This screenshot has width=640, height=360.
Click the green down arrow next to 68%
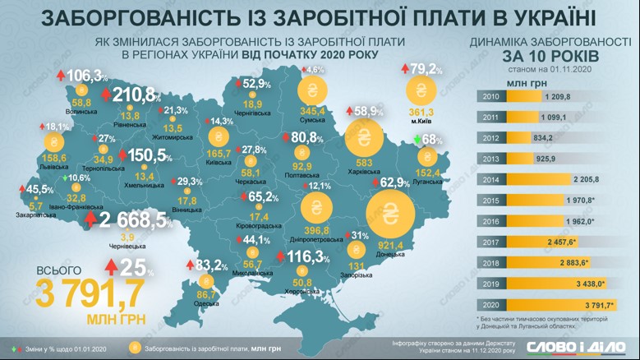point(417,141)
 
